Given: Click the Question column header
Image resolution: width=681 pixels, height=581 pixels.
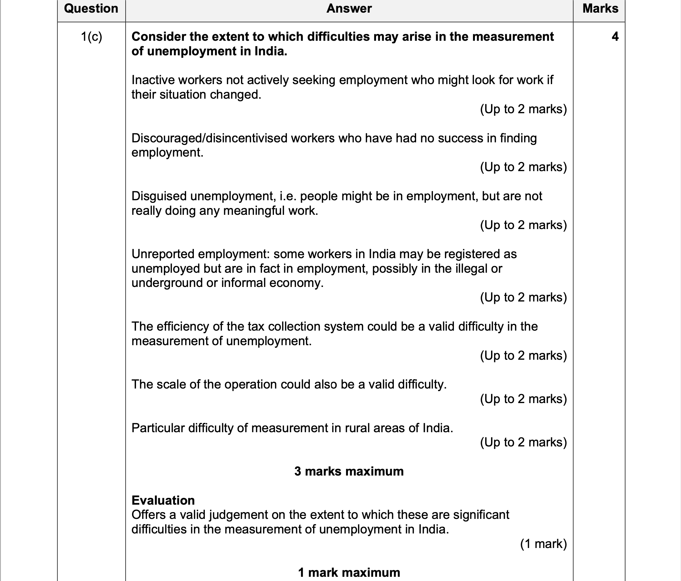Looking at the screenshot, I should point(91,8).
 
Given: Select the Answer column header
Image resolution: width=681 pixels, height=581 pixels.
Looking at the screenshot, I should point(349,8).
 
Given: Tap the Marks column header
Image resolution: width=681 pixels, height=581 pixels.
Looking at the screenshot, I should point(600,8).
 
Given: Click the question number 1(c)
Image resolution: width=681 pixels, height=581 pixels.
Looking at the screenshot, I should point(91,37).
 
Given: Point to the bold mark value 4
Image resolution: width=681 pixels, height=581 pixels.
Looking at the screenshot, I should point(615,37).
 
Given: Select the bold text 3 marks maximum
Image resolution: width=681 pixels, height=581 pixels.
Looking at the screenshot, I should point(349,471).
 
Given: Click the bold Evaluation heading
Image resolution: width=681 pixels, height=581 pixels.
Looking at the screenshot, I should point(163,500).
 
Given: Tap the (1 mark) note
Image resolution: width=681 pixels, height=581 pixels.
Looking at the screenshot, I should point(543,544).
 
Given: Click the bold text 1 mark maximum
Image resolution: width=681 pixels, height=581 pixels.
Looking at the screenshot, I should point(349,573).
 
